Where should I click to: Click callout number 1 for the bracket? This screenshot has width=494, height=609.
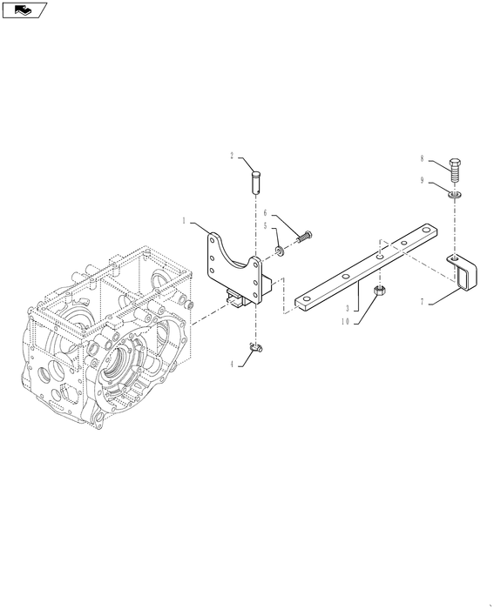[x=184, y=221]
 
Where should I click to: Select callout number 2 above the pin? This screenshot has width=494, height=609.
[x=232, y=156]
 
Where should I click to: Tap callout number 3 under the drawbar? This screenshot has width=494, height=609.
[x=348, y=309]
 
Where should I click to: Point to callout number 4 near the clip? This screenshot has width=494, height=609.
[x=232, y=365]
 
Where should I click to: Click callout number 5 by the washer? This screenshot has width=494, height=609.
[x=265, y=225]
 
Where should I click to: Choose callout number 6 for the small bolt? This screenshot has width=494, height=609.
[x=265, y=213]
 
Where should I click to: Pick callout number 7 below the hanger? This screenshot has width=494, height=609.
[x=422, y=302]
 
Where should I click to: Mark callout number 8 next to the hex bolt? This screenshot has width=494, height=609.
[x=422, y=158]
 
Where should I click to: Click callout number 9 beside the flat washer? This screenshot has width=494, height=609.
[x=422, y=181]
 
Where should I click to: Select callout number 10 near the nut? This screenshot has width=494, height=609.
[x=345, y=322]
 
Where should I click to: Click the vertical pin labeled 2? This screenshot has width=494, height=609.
[x=255, y=181]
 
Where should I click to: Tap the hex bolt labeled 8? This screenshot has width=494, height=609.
[x=455, y=171]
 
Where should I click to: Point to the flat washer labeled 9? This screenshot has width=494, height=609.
[x=455, y=194]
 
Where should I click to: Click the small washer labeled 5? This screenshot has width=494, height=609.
[x=280, y=251]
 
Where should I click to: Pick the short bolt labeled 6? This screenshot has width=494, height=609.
[x=305, y=237]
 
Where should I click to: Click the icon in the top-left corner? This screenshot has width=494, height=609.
[x=24, y=10]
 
